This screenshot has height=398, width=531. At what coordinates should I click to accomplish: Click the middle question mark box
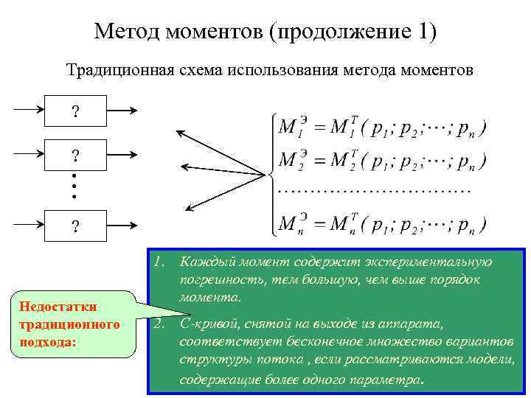coord(75,156)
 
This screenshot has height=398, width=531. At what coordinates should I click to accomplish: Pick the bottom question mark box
coord(75,226)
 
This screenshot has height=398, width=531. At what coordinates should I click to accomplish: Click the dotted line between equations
coord(374,191)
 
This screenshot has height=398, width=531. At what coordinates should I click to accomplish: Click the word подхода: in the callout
coord(46,342)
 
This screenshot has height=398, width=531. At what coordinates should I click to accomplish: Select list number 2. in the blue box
coord(159,324)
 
